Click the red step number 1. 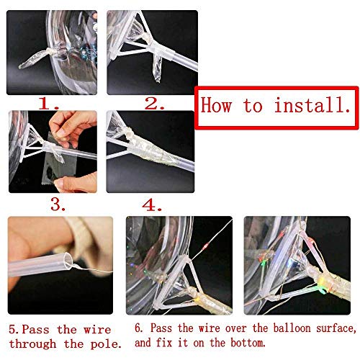click(49, 104)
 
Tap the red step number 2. click(155, 104)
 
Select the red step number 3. click(58, 204)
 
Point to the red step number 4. click(152, 205)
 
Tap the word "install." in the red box click(312, 105)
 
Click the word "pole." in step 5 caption click(106, 344)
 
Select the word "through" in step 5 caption click(32, 344)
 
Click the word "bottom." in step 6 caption click(248, 343)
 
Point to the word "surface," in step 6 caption click(336, 328)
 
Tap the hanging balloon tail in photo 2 click(158, 68)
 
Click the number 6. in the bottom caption click(139, 328)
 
